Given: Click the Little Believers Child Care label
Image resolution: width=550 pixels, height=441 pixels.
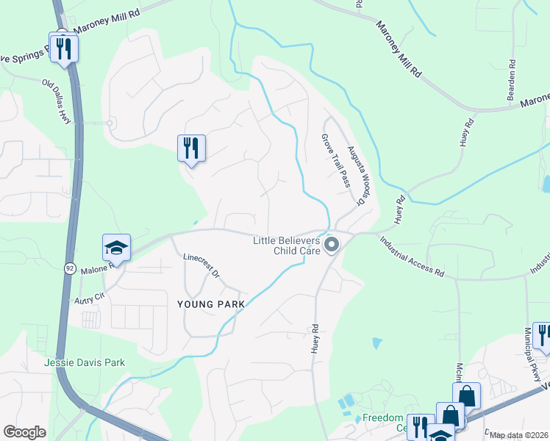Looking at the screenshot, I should (x=286, y=245).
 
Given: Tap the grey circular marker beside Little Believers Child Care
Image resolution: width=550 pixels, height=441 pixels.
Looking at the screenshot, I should (x=332, y=245).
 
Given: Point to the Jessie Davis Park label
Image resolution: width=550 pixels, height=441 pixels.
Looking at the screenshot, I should (x=84, y=362).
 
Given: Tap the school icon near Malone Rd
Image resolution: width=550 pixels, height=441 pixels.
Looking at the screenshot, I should (x=116, y=248).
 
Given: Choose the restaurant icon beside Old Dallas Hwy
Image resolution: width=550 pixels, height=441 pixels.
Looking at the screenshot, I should (x=64, y=48).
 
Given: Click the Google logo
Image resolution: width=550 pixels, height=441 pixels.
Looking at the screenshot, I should (x=24, y=432).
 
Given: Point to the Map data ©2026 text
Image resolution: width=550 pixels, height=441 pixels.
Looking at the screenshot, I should (x=519, y=435).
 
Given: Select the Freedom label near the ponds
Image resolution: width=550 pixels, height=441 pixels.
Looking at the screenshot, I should (x=382, y=418).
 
